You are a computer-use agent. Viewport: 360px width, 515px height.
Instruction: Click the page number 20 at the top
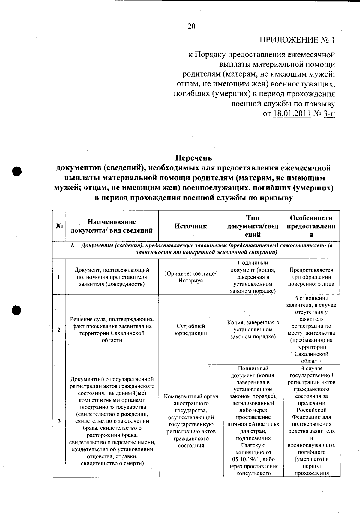[191, 26]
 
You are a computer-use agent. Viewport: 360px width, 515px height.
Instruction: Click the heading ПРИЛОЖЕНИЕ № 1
[297, 40]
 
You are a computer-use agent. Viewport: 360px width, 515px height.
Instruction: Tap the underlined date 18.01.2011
[292, 114]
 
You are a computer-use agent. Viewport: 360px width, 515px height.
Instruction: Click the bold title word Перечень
[193, 158]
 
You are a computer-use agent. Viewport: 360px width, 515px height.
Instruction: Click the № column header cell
[59, 226]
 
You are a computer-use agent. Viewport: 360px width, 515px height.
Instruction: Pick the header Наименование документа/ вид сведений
[112, 226]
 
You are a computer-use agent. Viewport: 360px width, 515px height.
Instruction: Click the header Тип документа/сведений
[253, 226]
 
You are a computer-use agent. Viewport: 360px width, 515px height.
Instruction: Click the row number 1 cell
[59, 277]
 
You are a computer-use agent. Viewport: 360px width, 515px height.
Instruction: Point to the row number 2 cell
[59, 330]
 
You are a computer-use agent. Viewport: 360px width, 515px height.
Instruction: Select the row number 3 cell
[59, 421]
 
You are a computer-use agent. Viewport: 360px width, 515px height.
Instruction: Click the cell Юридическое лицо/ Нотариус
[190, 277]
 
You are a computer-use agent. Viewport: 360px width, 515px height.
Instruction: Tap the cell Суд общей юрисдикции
[190, 330]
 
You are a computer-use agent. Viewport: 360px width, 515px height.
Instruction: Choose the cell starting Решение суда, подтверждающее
[112, 330]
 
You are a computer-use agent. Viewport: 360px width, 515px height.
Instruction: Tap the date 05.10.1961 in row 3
[247, 459]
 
